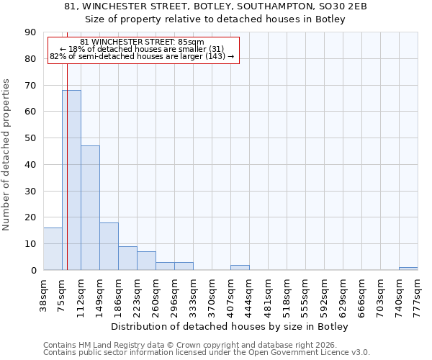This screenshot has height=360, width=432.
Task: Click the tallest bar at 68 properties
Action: (x=71, y=180)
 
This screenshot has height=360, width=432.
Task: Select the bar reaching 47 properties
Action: (x=90, y=208)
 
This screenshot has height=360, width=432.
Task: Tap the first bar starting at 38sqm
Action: (x=53, y=249)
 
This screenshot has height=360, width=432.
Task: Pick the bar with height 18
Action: (x=109, y=246)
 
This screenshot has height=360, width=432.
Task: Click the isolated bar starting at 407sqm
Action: (x=240, y=268)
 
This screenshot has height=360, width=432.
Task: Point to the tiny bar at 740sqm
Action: (x=408, y=269)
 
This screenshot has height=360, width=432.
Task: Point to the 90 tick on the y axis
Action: (x=30, y=32)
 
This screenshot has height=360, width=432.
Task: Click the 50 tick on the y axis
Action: (x=30, y=138)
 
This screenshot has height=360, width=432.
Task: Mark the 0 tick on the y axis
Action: (x=33, y=271)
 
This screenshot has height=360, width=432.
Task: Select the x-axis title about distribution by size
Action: (x=230, y=327)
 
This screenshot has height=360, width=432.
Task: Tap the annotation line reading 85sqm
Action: (x=142, y=42)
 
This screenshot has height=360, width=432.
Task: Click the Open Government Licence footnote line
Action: (x=207, y=353)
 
